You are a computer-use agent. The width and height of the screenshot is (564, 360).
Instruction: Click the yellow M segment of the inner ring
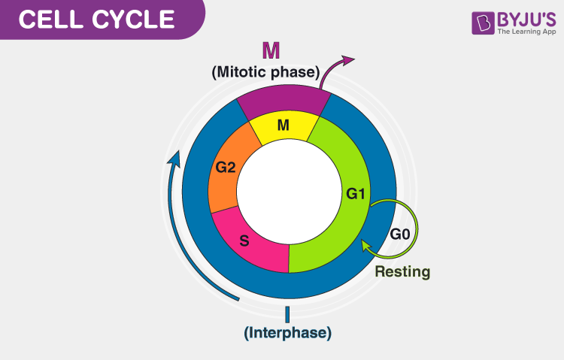[284, 126]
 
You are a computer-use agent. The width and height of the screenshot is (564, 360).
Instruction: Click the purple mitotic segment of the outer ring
[284, 99]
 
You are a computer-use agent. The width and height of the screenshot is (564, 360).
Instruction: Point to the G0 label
[400, 234]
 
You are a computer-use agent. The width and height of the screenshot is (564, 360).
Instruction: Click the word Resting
[402, 272]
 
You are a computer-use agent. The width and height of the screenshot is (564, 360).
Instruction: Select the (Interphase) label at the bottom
[287, 331]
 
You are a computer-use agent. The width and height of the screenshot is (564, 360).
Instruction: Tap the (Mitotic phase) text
[265, 73]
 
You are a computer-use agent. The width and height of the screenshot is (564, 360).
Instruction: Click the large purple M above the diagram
[271, 51]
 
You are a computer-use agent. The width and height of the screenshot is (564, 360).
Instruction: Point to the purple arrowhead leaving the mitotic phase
[347, 61]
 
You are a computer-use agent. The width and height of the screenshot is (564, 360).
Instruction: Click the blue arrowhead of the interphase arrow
[174, 157]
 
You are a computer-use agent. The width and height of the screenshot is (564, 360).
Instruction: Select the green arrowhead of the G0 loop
[366, 244]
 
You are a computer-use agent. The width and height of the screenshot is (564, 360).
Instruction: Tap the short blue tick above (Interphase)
[287, 313]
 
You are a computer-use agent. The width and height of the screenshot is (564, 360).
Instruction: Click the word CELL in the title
[50, 20]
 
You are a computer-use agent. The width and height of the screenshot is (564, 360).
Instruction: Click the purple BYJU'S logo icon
[481, 23]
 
